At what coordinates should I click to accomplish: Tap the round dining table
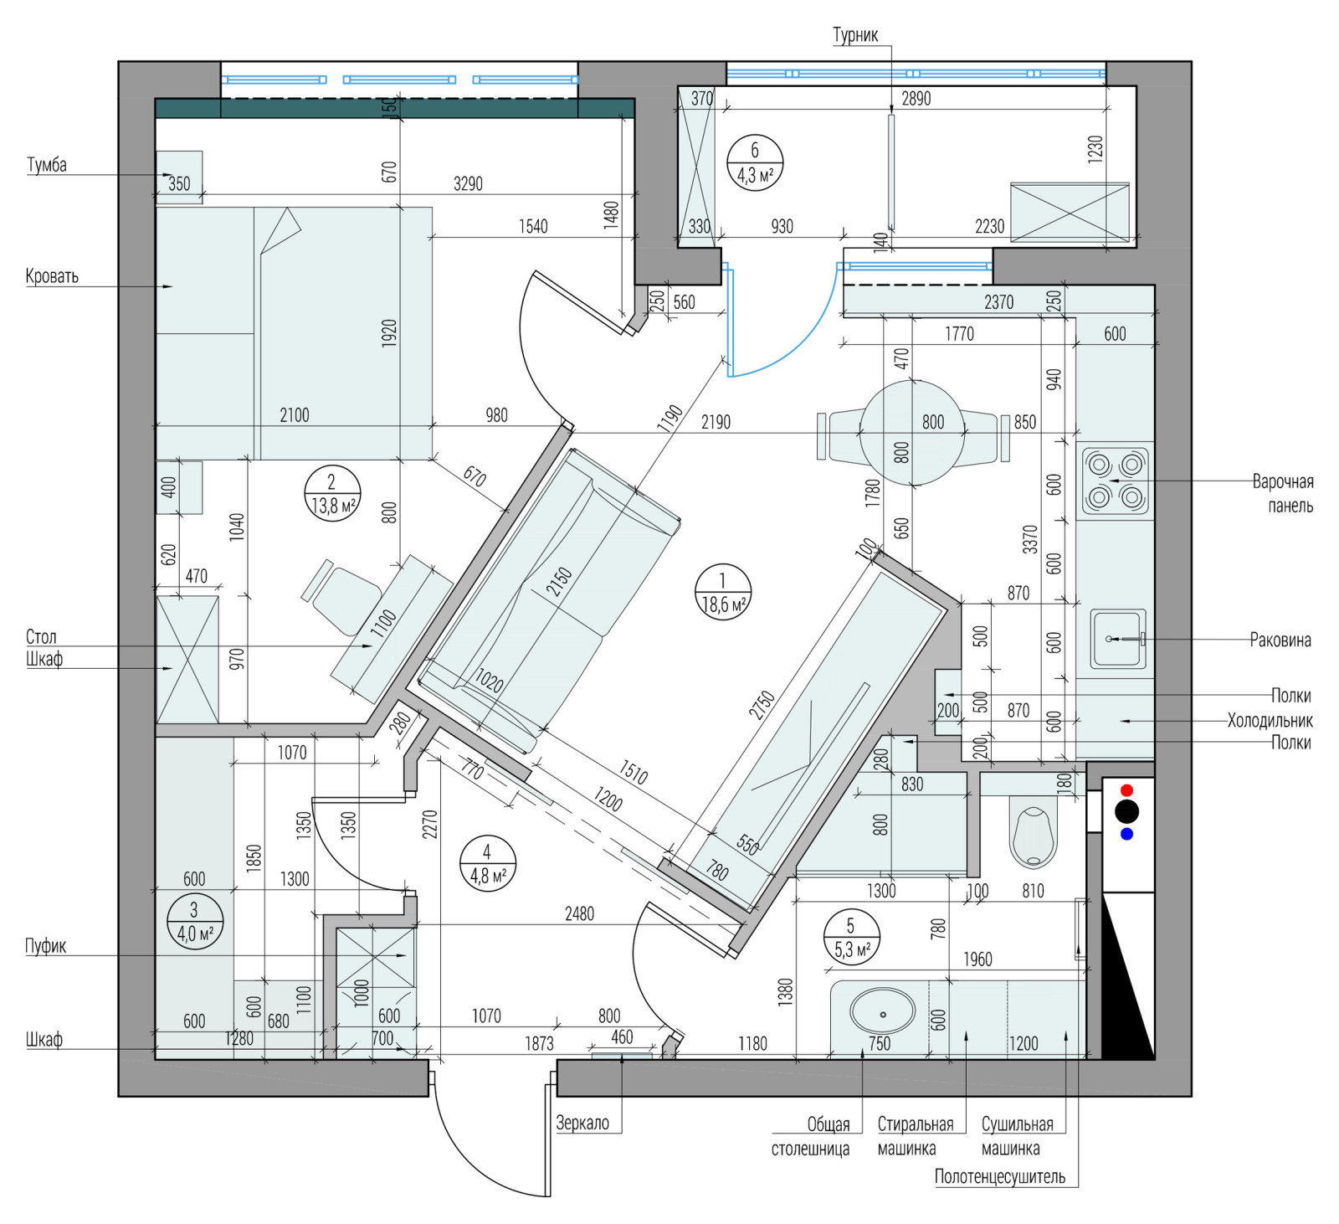pyautogui.click(x=912, y=433)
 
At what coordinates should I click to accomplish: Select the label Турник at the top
pyautogui.click(x=855, y=35)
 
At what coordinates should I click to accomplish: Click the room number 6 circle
pyautogui.click(x=755, y=162)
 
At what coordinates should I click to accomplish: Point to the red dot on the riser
pyautogui.click(x=1126, y=790)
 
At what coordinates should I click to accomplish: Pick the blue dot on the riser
pyautogui.click(x=1126, y=834)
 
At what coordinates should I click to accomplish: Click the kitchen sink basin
pyautogui.click(x=1117, y=639)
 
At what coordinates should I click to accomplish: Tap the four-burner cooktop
pyautogui.click(x=1116, y=481)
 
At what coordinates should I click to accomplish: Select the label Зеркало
pyautogui.click(x=582, y=1123)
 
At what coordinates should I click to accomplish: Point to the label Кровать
pyautogui.click(x=52, y=276)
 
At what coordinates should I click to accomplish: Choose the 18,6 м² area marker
pyautogui.click(x=722, y=592)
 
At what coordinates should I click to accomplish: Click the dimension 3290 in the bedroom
pyautogui.click(x=468, y=183)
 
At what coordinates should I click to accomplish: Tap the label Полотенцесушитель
pyautogui.click(x=1000, y=1176)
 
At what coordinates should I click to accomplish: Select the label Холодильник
pyautogui.click(x=1270, y=720)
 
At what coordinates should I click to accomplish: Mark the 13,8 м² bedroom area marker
pyautogui.click(x=331, y=493)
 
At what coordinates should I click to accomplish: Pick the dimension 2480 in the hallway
pyautogui.click(x=579, y=913)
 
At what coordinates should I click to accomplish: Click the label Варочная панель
pyautogui.click(x=1282, y=494)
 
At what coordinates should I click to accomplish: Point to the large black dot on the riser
pyautogui.click(x=1126, y=811)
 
